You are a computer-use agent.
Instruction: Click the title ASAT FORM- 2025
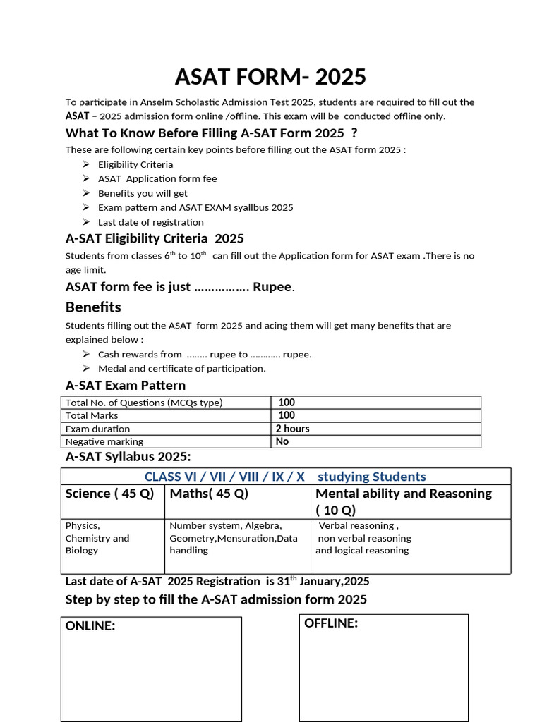tap(271, 76)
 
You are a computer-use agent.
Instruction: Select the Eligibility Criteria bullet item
tap(135, 164)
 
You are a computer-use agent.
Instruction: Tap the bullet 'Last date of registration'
tap(151, 222)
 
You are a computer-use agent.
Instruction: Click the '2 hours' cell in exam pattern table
tap(292, 429)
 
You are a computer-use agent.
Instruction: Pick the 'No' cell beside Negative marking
tap(282, 441)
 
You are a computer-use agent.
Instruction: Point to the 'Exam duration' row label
tap(97, 429)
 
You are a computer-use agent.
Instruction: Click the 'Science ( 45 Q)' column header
tap(109, 494)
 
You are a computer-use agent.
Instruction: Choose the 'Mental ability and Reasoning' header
tap(404, 494)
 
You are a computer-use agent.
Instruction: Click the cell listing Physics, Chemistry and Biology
tap(97, 538)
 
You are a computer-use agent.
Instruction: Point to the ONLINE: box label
tap(90, 626)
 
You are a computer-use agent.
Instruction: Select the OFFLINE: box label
tap(331, 623)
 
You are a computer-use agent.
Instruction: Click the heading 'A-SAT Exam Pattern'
tap(126, 386)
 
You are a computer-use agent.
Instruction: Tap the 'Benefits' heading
tap(93, 307)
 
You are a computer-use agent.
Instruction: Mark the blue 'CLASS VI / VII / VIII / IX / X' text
tap(224, 477)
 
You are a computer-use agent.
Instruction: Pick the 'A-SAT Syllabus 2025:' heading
tap(128, 456)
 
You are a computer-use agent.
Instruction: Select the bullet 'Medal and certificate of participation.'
tap(182, 368)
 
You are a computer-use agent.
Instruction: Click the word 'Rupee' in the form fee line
tap(272, 287)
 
